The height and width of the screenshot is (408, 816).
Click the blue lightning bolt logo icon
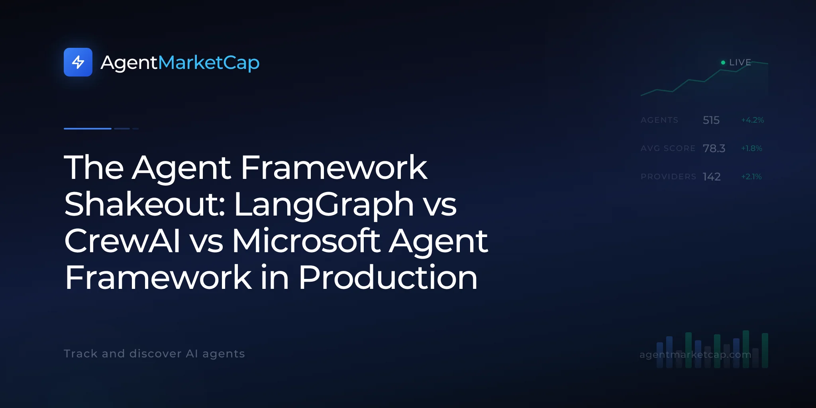[x=78, y=62]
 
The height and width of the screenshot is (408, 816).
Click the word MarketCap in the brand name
[x=209, y=63]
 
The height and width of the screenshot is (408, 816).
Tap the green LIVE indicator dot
[x=723, y=63]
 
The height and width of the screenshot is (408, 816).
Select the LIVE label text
[x=740, y=63]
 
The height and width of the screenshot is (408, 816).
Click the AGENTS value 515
[x=711, y=120]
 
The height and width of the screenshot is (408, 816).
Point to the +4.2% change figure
[x=752, y=120]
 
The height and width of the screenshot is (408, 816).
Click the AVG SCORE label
[x=668, y=148]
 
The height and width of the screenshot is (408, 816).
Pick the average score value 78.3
[x=714, y=148]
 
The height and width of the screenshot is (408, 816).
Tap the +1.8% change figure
[x=751, y=148]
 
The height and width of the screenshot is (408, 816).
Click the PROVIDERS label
[x=668, y=177]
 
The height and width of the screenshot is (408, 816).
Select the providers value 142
[x=712, y=177]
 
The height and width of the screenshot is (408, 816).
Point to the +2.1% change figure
[x=751, y=177]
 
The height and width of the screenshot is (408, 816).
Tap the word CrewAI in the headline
[x=122, y=241]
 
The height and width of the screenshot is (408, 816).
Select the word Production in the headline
[x=388, y=277]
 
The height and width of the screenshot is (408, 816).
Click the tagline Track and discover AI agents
[x=154, y=354]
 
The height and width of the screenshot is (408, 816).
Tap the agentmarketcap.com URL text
[x=695, y=355]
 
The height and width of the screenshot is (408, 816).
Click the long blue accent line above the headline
[x=88, y=129]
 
